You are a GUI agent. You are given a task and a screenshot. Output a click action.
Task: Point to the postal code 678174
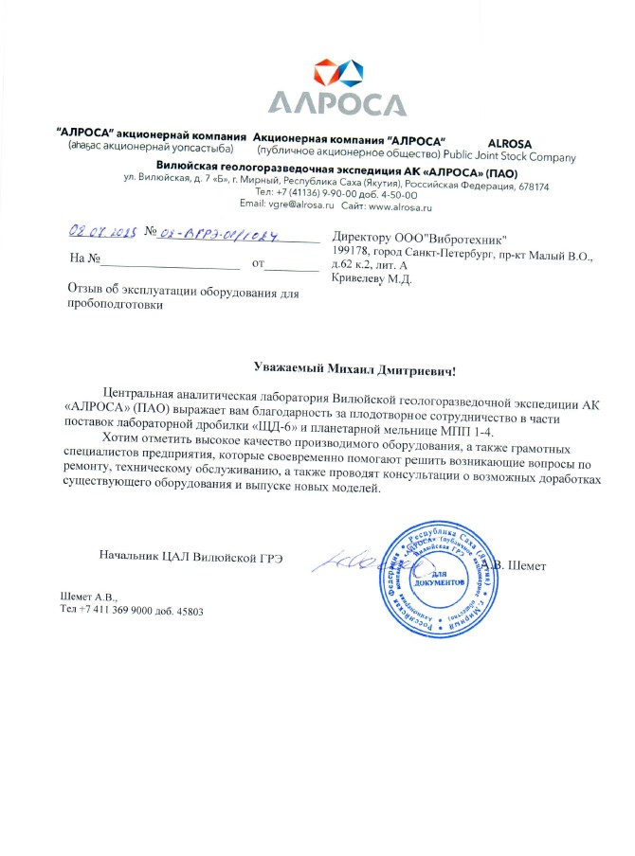(x=528, y=187)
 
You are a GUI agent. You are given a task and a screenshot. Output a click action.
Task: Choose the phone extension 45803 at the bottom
(x=185, y=611)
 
